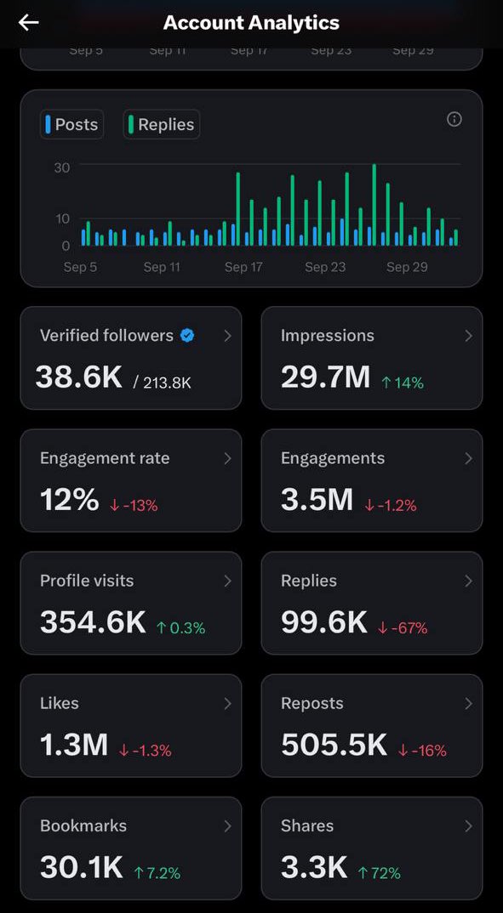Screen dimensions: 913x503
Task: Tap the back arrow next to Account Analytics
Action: pos(29,23)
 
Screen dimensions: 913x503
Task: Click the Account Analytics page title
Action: pos(251,23)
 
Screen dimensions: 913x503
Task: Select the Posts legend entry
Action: pos(72,124)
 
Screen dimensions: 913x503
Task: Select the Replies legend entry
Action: pos(162,124)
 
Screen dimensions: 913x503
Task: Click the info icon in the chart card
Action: pos(454,119)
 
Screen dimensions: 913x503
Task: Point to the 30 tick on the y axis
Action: pos(61,167)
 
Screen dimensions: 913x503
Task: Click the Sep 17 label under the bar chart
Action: pos(243,267)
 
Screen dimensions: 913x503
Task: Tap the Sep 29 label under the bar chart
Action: pos(407,267)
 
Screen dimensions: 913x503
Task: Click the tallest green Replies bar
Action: pos(374,205)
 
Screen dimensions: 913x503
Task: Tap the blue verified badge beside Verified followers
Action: pos(187,336)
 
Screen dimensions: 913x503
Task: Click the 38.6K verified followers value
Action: pos(79,377)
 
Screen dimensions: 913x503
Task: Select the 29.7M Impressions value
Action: pos(325,377)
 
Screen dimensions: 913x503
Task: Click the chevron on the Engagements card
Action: pos(468,458)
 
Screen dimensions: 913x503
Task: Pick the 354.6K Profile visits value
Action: pos(93,622)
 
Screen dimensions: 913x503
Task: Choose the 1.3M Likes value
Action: pos(74,745)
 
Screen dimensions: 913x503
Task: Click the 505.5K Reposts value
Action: pos(334,745)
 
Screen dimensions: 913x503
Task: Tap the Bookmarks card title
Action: pos(83,825)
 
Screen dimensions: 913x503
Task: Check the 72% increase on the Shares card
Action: pos(379,873)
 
